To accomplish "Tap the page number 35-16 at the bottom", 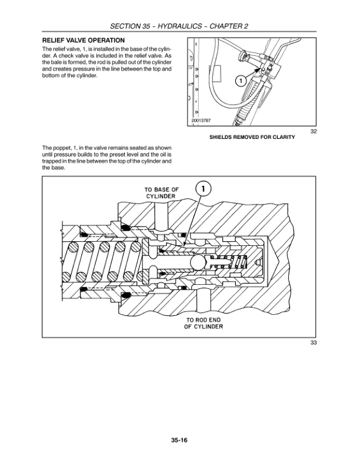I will tap(179, 439).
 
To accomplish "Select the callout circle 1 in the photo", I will tap(240, 81).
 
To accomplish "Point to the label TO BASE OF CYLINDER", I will tap(161, 192).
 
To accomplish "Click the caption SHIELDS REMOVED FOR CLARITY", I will tap(252, 138).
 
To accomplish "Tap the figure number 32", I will tap(314, 131).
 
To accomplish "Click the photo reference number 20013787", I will tap(201, 121).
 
